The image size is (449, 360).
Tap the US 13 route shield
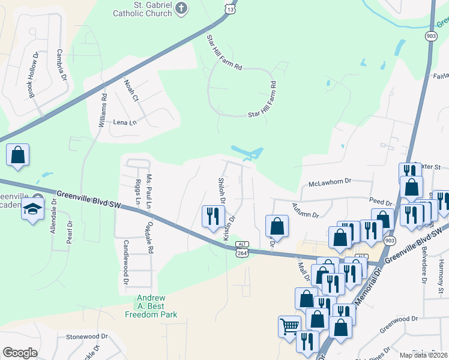tap(229, 8)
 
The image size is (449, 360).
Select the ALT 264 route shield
tap(242, 250)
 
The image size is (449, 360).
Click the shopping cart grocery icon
tap(289, 326)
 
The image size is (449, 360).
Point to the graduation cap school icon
tap(33, 209)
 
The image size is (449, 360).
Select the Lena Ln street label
tap(125, 122)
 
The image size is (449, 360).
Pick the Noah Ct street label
tap(131, 89)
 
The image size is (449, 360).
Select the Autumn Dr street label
tap(306, 210)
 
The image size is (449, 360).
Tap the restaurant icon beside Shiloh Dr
tap(212, 217)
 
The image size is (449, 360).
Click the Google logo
tap(20, 353)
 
